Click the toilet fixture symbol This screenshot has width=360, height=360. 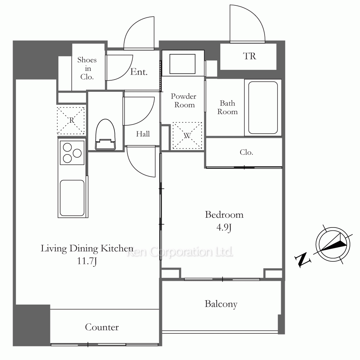click(x=105, y=134)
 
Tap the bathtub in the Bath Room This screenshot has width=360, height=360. click(x=263, y=107)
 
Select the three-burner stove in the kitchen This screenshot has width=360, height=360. click(x=72, y=153)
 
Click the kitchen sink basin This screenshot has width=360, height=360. click(x=72, y=198)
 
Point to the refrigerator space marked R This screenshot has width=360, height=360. click(x=71, y=121)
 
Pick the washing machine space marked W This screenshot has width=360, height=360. click(x=187, y=135)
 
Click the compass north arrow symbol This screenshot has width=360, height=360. click(x=333, y=244)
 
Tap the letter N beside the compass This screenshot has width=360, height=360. click(x=303, y=260)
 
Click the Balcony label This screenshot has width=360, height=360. click(x=221, y=304)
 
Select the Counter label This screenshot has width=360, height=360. click(x=102, y=327)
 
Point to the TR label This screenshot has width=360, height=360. click(x=249, y=56)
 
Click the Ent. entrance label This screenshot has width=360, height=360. click(x=139, y=72)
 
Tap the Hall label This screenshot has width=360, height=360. click(x=143, y=134)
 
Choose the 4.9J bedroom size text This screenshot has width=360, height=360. click(x=224, y=227)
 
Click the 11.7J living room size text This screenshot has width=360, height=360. click(x=87, y=261)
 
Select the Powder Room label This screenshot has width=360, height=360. click(x=184, y=100)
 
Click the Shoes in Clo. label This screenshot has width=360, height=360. click(x=87, y=68)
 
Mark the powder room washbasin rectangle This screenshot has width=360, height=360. click(x=183, y=64)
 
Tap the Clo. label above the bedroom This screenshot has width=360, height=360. click(x=246, y=152)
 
